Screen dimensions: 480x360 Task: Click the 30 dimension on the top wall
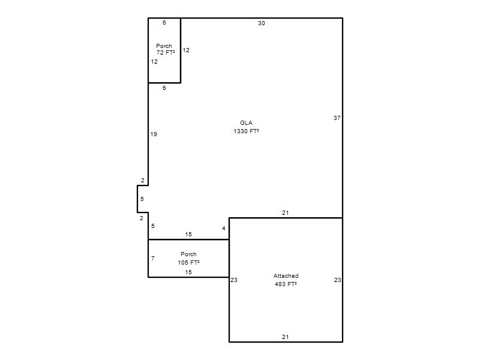261,23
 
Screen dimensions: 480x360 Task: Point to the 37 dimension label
337,118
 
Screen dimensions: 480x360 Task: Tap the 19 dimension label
154,134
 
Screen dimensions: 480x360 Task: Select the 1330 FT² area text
246,131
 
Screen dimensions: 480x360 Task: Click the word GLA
246,123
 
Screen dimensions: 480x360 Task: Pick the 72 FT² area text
166,53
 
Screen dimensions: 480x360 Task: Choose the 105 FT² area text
188,262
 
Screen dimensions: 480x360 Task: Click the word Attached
286,276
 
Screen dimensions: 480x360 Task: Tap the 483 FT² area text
286,284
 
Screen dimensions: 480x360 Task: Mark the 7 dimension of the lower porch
153,259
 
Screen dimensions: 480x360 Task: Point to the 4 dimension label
224,229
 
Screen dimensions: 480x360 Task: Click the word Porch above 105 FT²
188,254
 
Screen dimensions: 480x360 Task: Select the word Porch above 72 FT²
164,46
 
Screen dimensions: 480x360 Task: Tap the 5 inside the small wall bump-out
142,199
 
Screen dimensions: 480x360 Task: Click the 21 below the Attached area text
286,337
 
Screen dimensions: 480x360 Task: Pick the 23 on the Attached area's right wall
337,280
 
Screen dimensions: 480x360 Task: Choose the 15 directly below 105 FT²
188,272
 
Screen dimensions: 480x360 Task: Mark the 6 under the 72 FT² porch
164,88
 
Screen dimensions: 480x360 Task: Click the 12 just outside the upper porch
186,50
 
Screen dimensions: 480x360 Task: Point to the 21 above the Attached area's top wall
286,213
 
